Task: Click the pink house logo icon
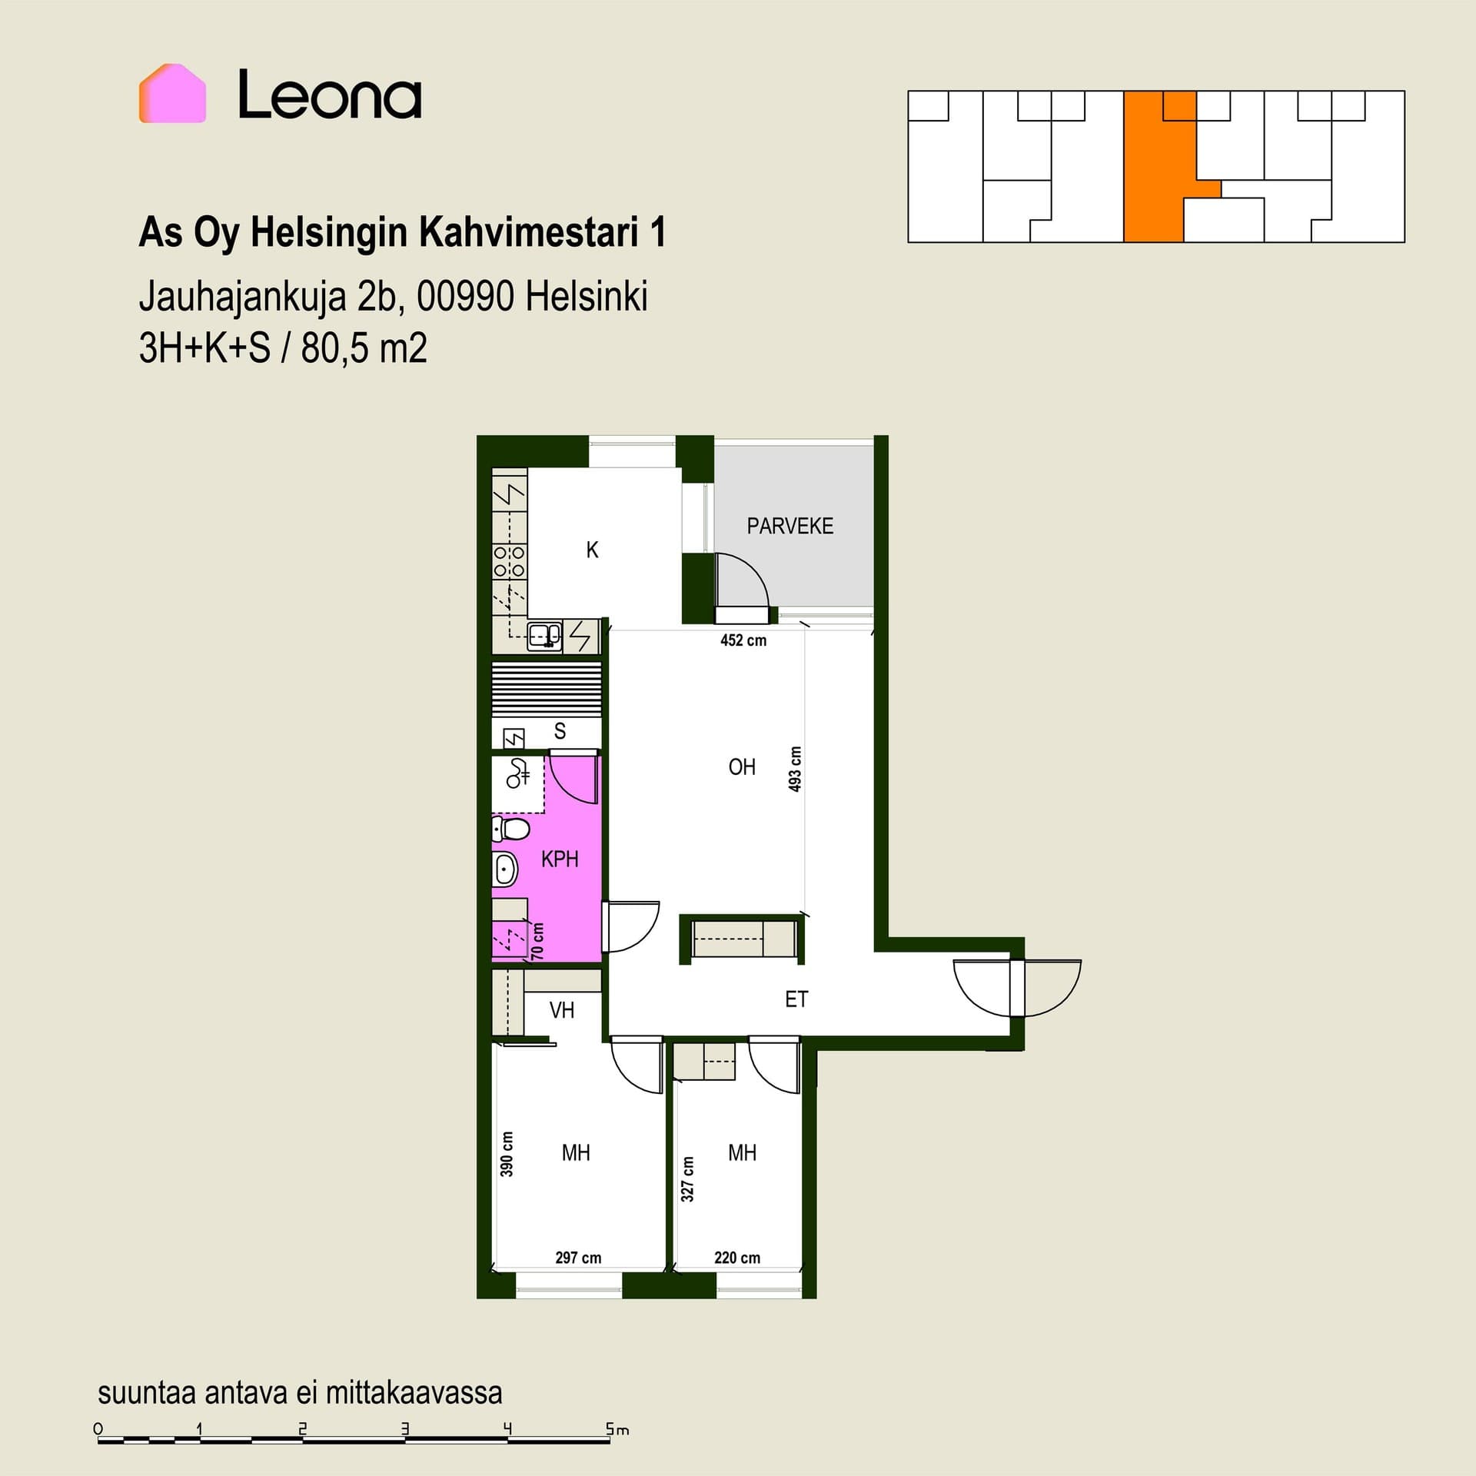172,93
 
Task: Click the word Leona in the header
330,95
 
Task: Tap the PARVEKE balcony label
790,526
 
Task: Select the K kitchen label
592,550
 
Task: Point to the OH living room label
742,766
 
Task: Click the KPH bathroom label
560,859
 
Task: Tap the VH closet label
562,1009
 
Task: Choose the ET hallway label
796,999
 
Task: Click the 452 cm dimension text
743,640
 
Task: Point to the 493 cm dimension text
795,769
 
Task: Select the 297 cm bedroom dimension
578,1258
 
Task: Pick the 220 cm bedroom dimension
737,1258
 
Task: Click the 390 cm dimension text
507,1153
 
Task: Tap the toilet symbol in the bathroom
511,829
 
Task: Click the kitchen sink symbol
544,635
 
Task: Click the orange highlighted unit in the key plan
1153,167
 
